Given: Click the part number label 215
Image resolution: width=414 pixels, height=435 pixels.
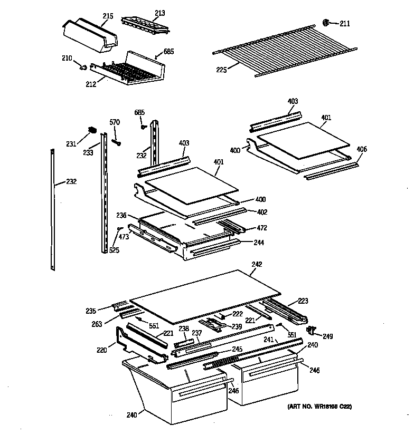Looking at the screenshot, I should (x=108, y=17).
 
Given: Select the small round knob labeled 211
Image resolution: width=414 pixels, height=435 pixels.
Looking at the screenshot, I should (x=326, y=22).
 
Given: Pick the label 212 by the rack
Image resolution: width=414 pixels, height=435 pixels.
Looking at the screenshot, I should (x=91, y=84).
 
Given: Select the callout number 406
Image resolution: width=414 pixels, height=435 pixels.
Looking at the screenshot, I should (x=361, y=149).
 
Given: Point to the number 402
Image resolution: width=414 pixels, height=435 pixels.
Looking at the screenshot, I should (x=262, y=212).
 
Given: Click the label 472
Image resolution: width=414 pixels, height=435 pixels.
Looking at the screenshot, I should (x=262, y=228).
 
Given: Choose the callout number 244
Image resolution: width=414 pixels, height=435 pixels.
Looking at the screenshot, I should (x=259, y=243).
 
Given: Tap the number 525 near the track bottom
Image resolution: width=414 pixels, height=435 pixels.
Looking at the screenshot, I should (x=114, y=250).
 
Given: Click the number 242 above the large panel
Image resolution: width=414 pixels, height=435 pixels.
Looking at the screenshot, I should (x=257, y=264).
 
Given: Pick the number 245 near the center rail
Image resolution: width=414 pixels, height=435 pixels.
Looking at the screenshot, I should (x=237, y=349).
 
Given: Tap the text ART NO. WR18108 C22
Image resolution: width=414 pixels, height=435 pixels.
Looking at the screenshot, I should (x=319, y=407).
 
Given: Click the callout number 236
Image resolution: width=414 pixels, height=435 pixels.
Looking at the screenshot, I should (x=122, y=216).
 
